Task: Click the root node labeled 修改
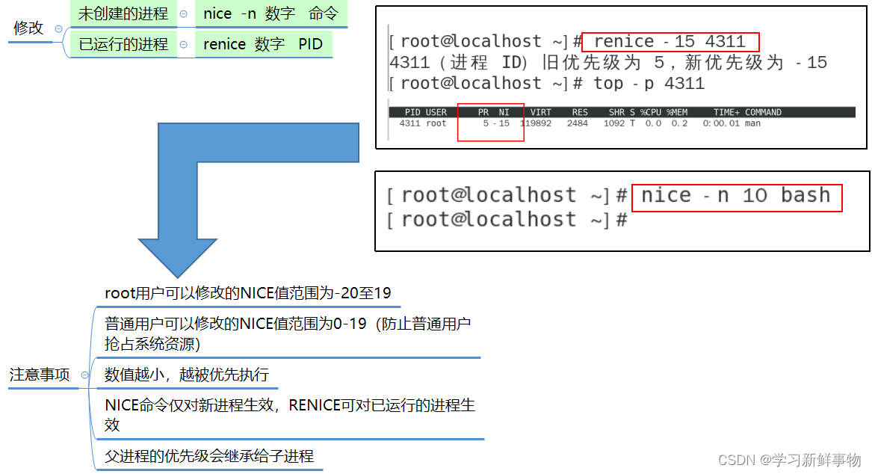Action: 29,28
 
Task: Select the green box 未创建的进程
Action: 123,13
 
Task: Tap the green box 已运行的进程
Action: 123,44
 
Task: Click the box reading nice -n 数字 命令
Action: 270,13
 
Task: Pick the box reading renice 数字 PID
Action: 263,44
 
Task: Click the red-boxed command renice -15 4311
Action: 670,42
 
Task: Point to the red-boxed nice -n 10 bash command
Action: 736,196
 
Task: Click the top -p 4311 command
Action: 649,83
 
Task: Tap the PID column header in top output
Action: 412,112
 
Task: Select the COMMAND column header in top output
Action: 763,112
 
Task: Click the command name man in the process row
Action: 752,123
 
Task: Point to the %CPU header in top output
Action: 650,112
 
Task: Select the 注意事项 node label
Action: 40,375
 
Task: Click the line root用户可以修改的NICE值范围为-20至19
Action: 247,293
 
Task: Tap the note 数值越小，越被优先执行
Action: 187,375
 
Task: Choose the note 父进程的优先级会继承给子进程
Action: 209,456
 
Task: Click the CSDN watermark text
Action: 789,460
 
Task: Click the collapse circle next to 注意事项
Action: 84,375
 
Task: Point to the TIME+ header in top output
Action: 726,112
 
